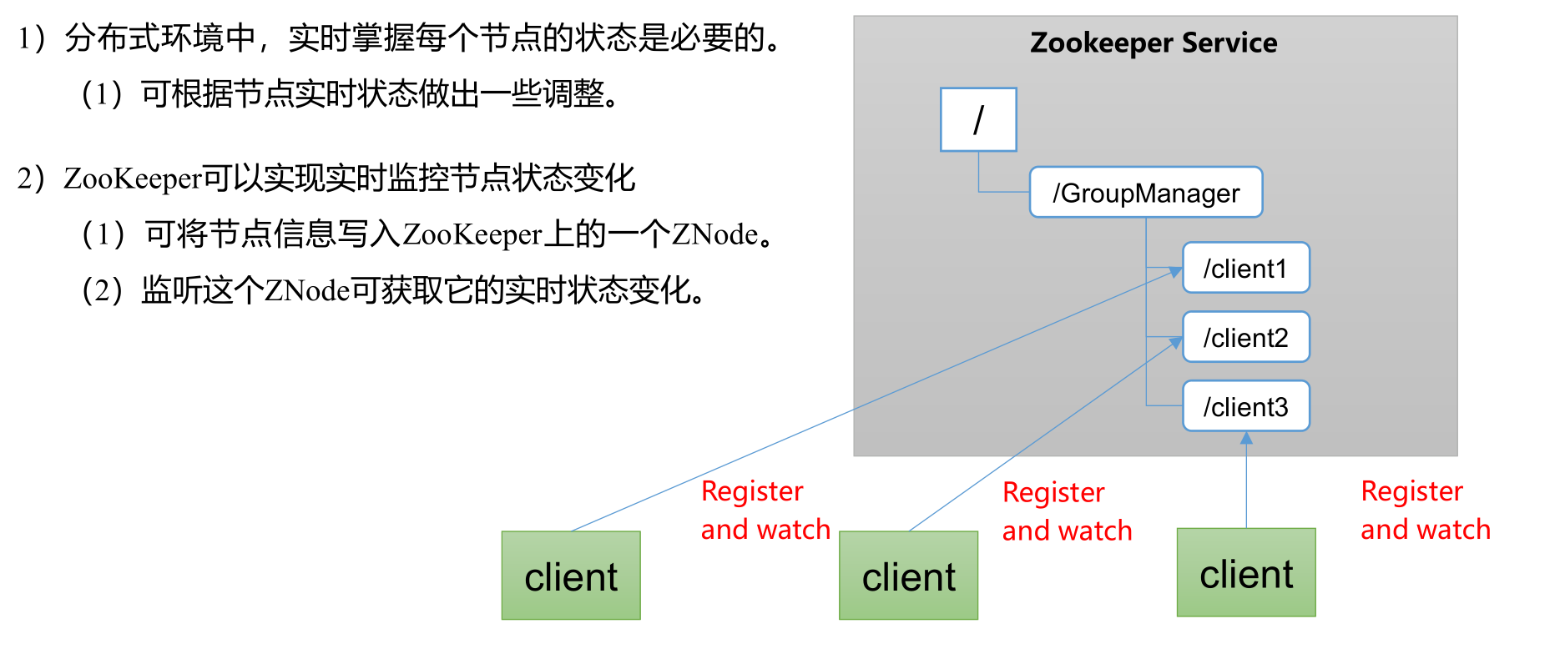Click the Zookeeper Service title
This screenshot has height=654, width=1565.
(1154, 43)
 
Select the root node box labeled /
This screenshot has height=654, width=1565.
(978, 119)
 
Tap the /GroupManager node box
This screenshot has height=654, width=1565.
(1146, 193)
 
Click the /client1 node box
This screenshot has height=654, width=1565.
(1246, 268)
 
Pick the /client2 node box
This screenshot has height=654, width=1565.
(1246, 337)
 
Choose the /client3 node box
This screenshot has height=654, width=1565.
(1246, 406)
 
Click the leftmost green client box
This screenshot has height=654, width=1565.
(571, 576)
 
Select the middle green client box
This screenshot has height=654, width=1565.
(909, 576)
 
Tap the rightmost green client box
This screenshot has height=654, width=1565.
(1246, 572)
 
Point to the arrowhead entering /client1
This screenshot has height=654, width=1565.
(1176, 272)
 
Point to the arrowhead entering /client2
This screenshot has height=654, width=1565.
(1176, 342)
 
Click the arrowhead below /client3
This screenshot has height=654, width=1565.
(1246, 438)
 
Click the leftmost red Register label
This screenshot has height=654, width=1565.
(752, 491)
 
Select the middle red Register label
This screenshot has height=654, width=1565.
(1053, 493)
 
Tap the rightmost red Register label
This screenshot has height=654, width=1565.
(1411, 491)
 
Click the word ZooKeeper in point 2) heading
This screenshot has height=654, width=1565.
(133, 179)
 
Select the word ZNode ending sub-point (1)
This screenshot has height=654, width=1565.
(715, 234)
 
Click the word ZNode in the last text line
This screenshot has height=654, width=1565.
(307, 290)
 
